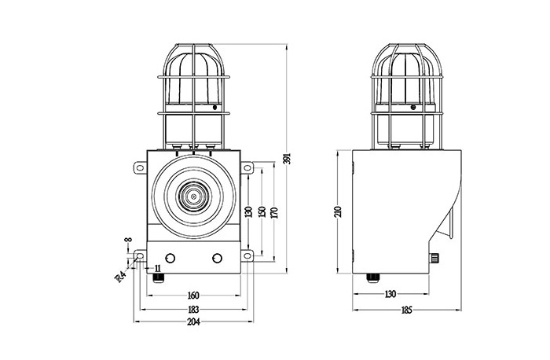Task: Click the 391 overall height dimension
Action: [x=288, y=159]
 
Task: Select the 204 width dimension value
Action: [x=193, y=321]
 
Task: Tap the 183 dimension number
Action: [x=193, y=310]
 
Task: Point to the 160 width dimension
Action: [x=193, y=295]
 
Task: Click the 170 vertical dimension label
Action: [x=275, y=213]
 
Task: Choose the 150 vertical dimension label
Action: [x=262, y=211]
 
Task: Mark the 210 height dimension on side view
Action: [x=338, y=211]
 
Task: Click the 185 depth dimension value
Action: [x=406, y=310]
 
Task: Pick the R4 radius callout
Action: [x=120, y=277]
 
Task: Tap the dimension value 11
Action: [x=157, y=269]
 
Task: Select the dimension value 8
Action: [x=129, y=240]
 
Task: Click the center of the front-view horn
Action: [x=193, y=197]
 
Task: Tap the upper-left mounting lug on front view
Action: [x=140, y=167]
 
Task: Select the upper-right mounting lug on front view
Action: [x=247, y=167]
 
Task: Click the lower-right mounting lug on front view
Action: [x=247, y=255]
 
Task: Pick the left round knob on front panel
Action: [x=170, y=259]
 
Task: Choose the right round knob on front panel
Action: [x=217, y=259]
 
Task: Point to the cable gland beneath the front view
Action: [x=158, y=277]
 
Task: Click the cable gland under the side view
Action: [x=372, y=277]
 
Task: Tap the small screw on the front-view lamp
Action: [x=215, y=108]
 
